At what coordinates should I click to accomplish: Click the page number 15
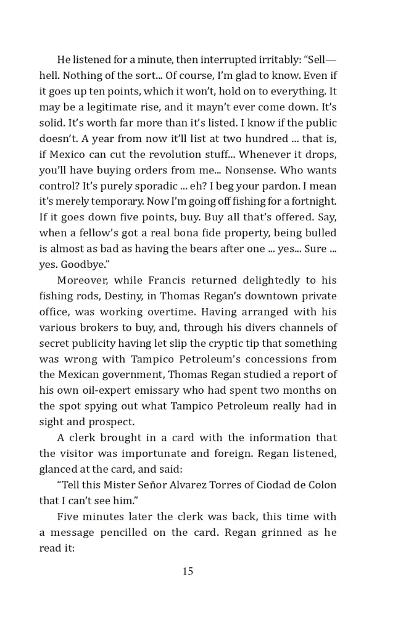click(188, 572)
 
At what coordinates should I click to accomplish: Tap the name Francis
click(177, 280)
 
